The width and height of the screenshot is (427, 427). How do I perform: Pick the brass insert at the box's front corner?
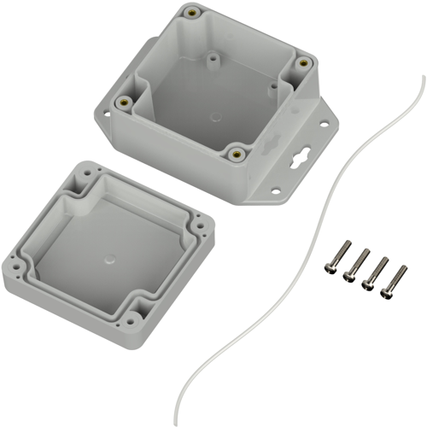click(x=236, y=155)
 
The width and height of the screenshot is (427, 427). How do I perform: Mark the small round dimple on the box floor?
click(x=211, y=61)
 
